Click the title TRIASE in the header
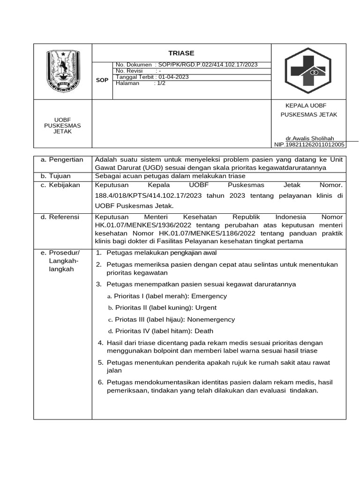[x=181, y=53]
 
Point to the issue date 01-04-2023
[x=173, y=77]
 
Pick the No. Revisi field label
[x=129, y=71]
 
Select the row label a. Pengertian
[x=62, y=160]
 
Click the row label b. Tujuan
[x=56, y=176]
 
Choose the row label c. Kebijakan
[x=60, y=185]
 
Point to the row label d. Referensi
[x=60, y=217]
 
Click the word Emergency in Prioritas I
[x=209, y=296]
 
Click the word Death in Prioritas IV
[x=204, y=330]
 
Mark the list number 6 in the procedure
[x=100, y=382]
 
